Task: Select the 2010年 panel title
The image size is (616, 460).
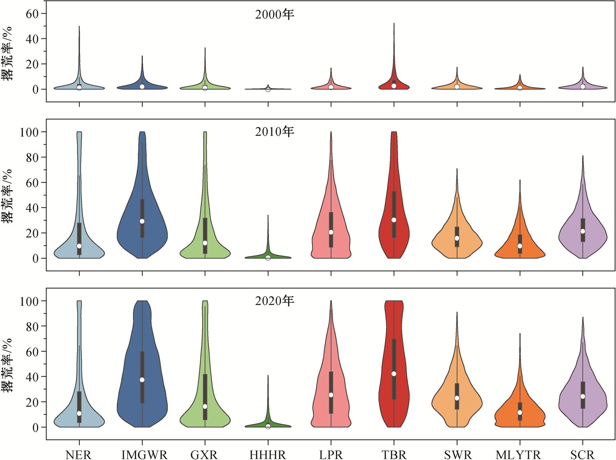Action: (x=275, y=132)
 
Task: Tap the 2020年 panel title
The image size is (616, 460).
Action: (x=275, y=301)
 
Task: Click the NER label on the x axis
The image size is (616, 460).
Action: (x=79, y=455)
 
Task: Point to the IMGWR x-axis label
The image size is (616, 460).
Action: (x=144, y=455)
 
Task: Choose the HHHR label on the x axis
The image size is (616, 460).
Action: (x=267, y=455)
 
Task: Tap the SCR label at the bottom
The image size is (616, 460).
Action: (x=582, y=455)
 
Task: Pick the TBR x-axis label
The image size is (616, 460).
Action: (x=394, y=455)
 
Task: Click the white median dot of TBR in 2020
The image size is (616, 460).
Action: (x=394, y=374)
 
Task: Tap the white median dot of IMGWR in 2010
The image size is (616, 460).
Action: (x=142, y=221)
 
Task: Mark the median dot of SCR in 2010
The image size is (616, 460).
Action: (x=582, y=231)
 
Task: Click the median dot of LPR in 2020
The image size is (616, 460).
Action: (x=331, y=395)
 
